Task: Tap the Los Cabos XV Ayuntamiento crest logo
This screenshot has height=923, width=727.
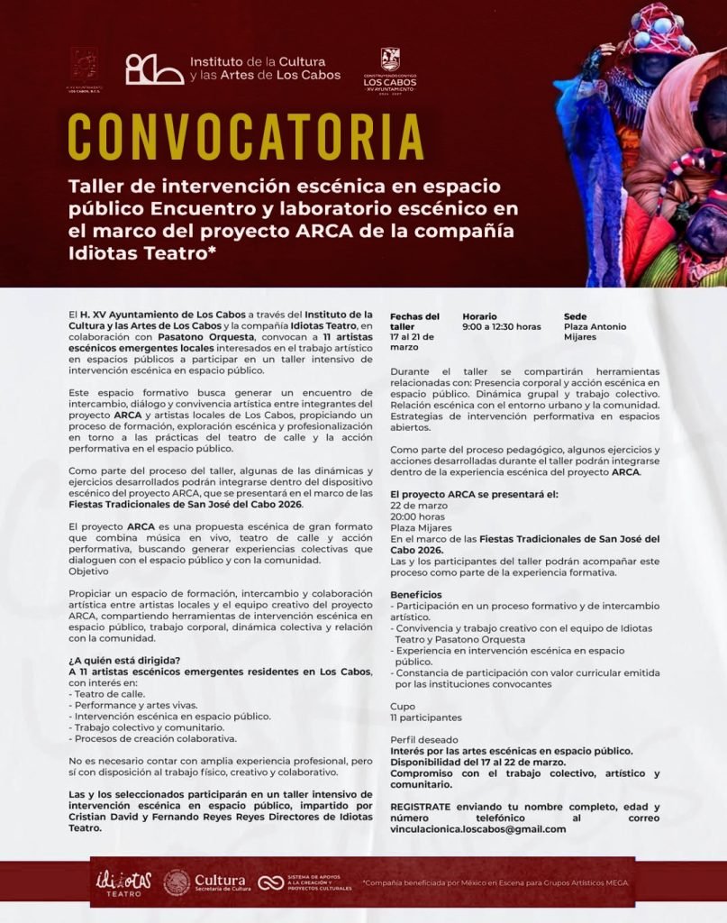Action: pos(389,69)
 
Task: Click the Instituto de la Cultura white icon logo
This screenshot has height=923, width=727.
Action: pos(155,69)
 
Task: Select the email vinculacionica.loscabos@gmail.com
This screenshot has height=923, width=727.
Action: pos(478,829)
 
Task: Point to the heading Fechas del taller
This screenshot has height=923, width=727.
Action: pos(414,322)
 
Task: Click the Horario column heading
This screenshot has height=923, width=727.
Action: pos(479,316)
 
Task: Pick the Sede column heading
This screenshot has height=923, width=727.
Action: pos(575,316)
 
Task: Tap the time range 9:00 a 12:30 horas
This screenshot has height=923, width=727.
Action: pos(502,327)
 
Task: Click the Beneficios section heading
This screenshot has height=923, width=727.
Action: pos(416,595)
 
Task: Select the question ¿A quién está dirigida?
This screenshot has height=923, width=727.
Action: pos(123,662)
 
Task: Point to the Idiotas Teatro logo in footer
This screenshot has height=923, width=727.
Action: pos(123,882)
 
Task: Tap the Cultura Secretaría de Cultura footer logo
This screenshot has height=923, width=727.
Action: pos(204,882)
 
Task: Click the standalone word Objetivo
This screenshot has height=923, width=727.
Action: pos(88,571)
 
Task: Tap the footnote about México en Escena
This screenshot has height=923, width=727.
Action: pos(495,883)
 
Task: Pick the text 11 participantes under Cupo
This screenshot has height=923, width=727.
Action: pos(425,717)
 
